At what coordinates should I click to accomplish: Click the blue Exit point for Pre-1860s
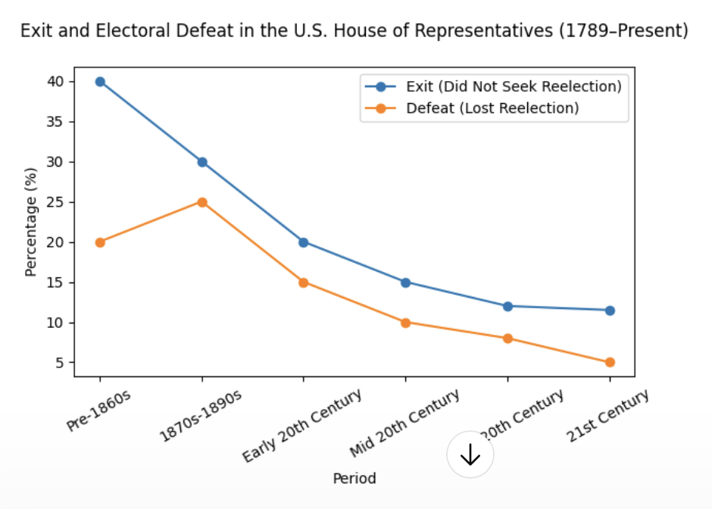[x=100, y=82]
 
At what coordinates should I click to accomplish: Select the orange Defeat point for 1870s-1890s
[x=202, y=202]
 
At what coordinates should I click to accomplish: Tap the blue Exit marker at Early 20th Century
[x=304, y=242]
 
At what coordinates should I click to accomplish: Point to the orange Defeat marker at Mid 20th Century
[x=405, y=323]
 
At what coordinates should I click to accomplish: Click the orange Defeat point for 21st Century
[x=610, y=362]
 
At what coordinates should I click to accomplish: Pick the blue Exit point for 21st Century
[x=610, y=311]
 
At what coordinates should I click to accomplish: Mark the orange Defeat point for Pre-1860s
[x=100, y=242]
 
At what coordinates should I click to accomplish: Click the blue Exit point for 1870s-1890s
[x=202, y=162]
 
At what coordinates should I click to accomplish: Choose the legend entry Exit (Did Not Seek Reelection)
[x=514, y=86]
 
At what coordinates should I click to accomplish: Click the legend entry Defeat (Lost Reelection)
[x=492, y=108]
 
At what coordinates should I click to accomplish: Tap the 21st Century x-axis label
[x=608, y=416]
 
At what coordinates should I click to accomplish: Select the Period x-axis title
[x=354, y=479]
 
